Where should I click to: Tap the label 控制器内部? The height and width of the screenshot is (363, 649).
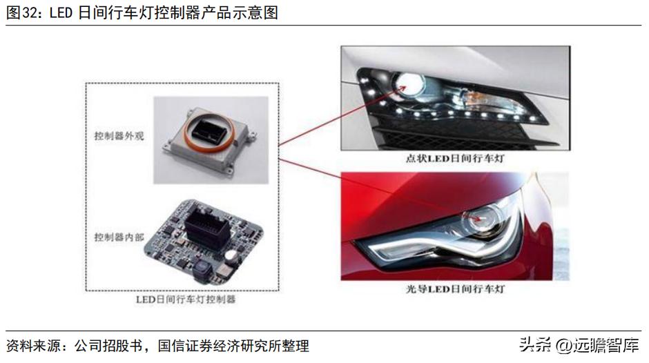(115, 237)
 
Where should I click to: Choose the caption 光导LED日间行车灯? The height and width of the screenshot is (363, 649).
(456, 288)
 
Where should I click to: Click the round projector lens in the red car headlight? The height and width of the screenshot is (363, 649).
(483, 220)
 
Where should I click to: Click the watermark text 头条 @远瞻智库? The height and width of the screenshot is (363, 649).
(578, 344)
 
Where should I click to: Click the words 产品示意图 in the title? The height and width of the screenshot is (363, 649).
(245, 13)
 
